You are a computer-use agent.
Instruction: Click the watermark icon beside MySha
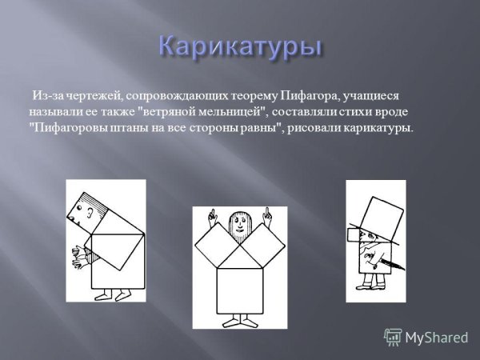click(393, 337)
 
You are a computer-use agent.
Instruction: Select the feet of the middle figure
click(239, 322)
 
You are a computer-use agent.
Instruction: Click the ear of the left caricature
click(90, 213)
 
